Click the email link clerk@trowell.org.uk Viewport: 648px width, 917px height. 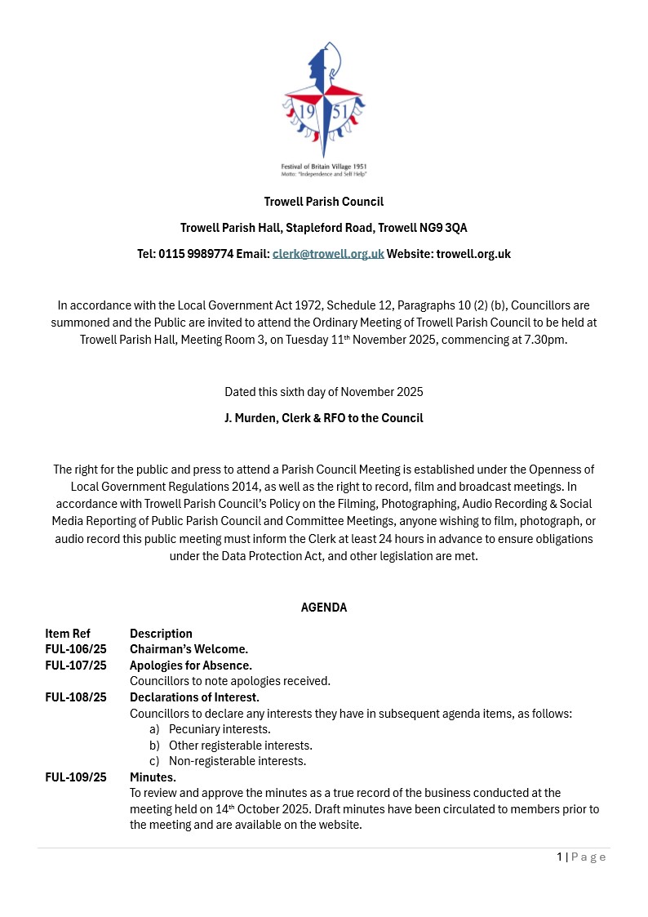[328, 254]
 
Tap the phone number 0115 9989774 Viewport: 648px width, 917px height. [196, 254]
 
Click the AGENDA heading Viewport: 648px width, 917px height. [324, 608]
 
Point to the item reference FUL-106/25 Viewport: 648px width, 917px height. [76, 649]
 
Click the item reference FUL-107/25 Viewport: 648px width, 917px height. [76, 665]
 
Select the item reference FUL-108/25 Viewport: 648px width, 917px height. [76, 697]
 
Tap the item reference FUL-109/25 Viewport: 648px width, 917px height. [76, 777]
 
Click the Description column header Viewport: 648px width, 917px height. [161, 634]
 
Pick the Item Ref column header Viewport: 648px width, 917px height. [68, 634]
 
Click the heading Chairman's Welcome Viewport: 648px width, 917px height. [189, 649]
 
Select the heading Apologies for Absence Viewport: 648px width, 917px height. [191, 665]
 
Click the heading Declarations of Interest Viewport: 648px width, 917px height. [194, 697]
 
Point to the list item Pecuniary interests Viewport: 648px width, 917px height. [219, 729]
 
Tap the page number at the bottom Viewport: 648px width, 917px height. [560, 857]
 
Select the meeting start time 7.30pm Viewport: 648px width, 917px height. [544, 340]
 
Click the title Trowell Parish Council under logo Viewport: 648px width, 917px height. [324, 202]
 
